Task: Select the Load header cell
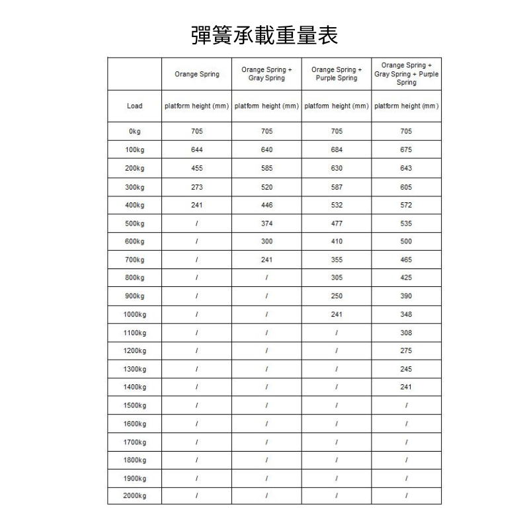pos(134,106)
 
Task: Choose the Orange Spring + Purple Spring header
pos(337,74)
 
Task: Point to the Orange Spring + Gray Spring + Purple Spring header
pos(407,74)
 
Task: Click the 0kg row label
pos(134,132)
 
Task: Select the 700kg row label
pos(134,260)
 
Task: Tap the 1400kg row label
pos(134,387)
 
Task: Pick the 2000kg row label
pos(134,495)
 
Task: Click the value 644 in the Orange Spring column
pos(196,150)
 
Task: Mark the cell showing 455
pos(196,169)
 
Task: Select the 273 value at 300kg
pos(196,187)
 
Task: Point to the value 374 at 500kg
pos(266,224)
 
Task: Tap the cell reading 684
pos(337,150)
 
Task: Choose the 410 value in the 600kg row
pos(337,242)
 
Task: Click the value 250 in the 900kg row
pos(337,296)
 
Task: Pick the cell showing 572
pos(406,206)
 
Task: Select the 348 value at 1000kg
pos(406,315)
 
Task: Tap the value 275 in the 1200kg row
pos(406,350)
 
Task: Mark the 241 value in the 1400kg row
pos(406,387)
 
